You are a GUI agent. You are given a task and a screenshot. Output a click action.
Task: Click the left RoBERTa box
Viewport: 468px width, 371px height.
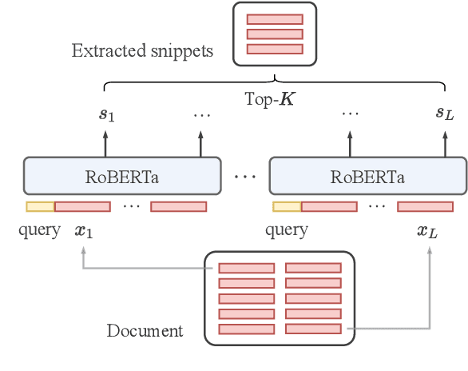[121, 176]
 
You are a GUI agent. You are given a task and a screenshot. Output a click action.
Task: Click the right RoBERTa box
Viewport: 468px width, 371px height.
[367, 176]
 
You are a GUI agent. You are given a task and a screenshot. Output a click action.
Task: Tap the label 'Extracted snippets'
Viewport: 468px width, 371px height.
[143, 52]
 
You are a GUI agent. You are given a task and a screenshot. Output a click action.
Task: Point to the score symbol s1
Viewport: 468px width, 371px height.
[106, 114]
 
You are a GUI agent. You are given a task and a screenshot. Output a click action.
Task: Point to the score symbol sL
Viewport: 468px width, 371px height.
[445, 114]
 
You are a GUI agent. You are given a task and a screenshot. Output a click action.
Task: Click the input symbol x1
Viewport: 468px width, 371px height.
[83, 232]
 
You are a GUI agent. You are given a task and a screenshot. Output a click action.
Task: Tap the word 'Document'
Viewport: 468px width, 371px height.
[145, 331]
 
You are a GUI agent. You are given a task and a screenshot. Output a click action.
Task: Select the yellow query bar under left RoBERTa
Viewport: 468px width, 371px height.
[40, 207]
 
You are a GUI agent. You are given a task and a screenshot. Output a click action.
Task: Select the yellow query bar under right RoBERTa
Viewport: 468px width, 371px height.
[287, 207]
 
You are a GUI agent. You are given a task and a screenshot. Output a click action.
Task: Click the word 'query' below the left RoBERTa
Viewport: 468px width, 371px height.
[39, 232]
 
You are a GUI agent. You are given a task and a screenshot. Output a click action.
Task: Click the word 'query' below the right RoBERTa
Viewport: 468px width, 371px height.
[286, 232]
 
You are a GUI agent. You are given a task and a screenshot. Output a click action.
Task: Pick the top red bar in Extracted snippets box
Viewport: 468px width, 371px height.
[275, 19]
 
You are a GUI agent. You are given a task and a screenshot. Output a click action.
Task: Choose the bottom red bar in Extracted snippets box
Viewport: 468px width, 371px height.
[275, 50]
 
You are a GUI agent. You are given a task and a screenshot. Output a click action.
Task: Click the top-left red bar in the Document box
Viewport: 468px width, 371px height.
[247, 269]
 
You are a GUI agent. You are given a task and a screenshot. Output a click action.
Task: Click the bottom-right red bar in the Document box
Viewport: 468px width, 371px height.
[312, 329]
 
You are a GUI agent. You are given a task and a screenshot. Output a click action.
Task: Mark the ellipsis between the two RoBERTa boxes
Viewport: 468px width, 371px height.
[244, 176]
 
